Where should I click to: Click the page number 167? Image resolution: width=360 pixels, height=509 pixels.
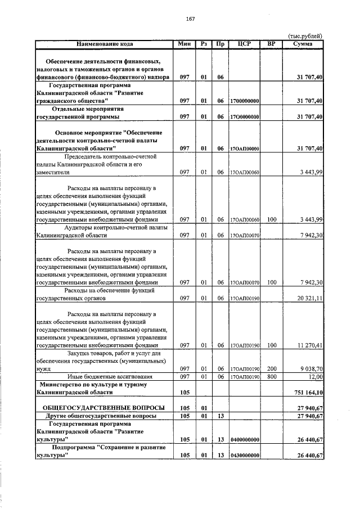190,19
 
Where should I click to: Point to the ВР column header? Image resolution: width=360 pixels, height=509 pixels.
272,43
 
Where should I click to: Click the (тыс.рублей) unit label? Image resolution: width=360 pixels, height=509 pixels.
305,35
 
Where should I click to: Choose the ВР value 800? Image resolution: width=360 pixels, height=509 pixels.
272,377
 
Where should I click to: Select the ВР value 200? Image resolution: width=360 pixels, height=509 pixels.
272,369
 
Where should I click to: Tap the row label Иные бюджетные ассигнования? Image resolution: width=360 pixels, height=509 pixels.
105,377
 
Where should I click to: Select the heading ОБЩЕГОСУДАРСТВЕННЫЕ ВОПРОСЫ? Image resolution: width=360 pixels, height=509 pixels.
100,408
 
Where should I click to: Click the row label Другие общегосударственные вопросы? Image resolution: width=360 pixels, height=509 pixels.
101,416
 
